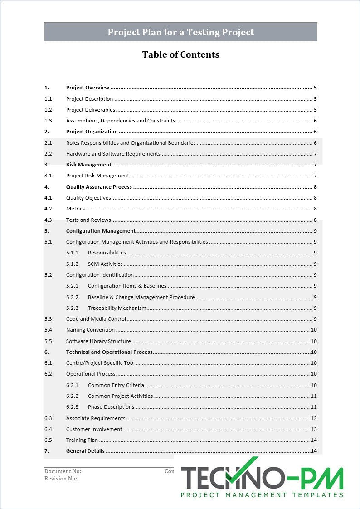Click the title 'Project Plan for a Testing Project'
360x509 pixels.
coord(180,32)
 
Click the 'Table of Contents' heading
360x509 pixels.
coord(180,54)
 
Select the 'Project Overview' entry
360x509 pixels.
coord(88,88)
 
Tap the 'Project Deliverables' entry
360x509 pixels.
coord(90,110)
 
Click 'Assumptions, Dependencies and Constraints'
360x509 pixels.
coord(120,121)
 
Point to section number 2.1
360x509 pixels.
coord(48,143)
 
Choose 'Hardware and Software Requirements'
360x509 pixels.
coord(113,154)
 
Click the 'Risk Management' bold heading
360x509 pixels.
coord(88,165)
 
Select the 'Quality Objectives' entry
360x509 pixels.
coord(88,198)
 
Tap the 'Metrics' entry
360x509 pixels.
coord(75,209)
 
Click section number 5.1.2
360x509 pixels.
coord(72,264)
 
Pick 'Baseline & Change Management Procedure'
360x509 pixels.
coord(141,297)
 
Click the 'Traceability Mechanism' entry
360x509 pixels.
coord(117,308)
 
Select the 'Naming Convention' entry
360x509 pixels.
coord(90,330)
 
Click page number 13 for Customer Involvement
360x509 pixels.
coord(313,429)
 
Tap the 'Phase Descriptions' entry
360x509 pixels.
coord(111,407)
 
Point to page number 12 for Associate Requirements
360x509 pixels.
coord(313,418)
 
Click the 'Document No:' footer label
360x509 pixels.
coord(63,471)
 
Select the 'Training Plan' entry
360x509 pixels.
coord(82,440)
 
